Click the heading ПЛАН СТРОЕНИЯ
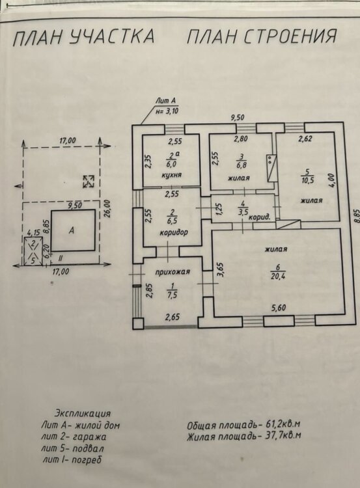point(262,36)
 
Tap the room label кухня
point(172,175)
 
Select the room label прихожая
point(173,272)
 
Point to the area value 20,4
point(279,276)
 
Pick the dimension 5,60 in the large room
point(278,308)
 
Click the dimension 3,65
point(220,269)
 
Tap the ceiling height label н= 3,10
point(167,111)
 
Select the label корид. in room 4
point(258,217)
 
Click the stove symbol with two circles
point(271,168)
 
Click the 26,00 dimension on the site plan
point(108,210)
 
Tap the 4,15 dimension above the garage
point(34,232)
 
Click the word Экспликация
point(83,414)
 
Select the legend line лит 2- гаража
point(74,437)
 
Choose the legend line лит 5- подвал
point(72,448)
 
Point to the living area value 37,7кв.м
point(283,435)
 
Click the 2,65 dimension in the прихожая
point(173,317)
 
